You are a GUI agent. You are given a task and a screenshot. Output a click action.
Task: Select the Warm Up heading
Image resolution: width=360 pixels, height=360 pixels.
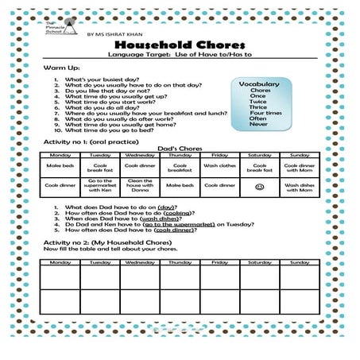click(x=57, y=70)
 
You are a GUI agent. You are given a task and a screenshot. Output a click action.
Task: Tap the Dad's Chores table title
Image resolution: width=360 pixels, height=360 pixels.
click(x=180, y=149)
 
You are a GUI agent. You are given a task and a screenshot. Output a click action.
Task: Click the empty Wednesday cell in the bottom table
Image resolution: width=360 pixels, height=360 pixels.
click(x=140, y=278)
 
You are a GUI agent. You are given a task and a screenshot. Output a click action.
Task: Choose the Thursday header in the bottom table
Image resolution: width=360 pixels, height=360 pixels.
click(x=180, y=261)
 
